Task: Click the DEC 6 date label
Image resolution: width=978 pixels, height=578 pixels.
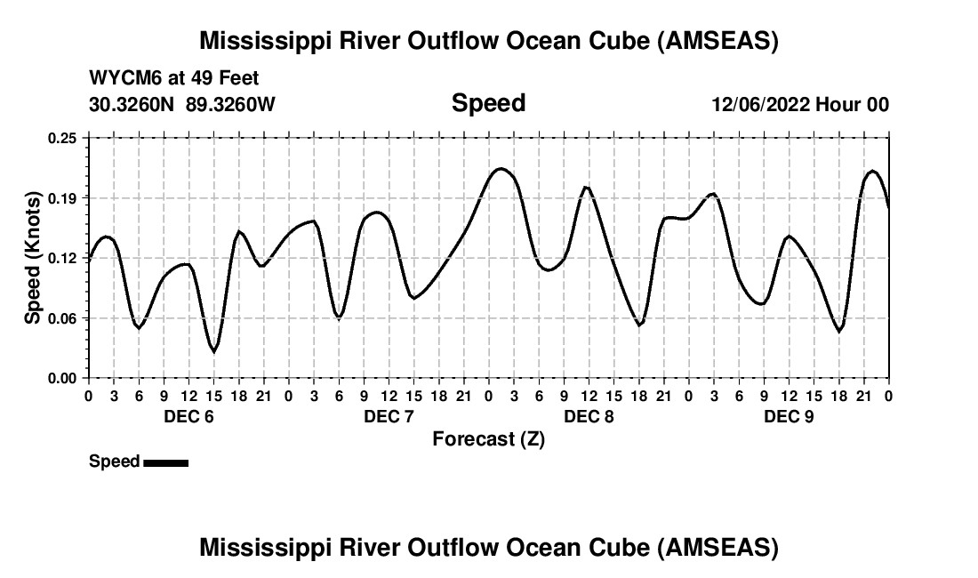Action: coord(188,417)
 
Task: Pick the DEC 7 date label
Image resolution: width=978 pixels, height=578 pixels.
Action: coord(388,417)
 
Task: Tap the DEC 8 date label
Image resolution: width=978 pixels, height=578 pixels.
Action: coord(589,417)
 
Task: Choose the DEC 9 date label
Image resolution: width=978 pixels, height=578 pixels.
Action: coord(789,417)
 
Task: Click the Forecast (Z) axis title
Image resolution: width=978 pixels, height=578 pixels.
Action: coord(488,438)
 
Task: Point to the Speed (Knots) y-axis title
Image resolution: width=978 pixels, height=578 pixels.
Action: coord(33,258)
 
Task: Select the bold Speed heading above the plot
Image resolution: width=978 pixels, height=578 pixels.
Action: coord(488,103)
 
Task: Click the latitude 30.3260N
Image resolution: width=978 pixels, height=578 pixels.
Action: coord(132,104)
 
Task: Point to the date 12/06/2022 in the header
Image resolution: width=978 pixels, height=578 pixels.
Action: coord(760,104)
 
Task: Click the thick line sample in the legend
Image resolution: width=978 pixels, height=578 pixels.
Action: coord(165,462)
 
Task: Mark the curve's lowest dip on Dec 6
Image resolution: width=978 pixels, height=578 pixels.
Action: coord(213,351)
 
